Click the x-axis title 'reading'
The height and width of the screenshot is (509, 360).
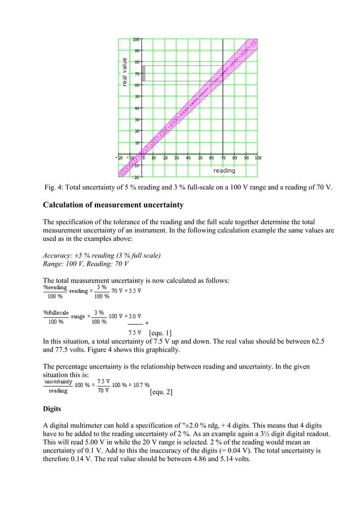click(224, 170)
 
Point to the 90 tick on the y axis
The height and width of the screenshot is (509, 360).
click(137, 50)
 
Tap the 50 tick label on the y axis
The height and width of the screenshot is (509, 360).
click(137, 96)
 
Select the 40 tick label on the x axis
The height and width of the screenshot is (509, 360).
click(188, 158)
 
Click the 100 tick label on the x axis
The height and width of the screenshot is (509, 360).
click(257, 158)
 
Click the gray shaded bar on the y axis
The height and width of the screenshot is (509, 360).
click(143, 73)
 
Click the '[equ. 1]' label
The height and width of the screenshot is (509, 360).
click(160, 333)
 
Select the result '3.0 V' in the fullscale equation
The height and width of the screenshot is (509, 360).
click(131, 316)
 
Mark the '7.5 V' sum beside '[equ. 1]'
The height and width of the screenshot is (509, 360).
click(135, 333)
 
